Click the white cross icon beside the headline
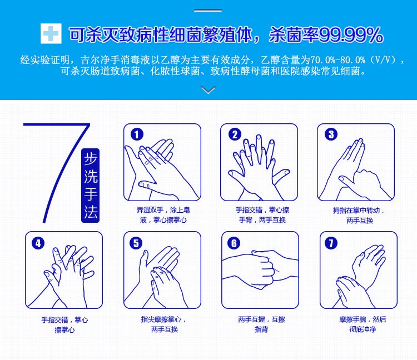(51, 33)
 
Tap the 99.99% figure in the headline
(351, 35)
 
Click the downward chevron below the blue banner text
(209, 90)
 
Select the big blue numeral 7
(57, 172)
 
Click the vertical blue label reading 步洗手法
(91, 186)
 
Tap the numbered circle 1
(137, 134)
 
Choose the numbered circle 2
(235, 134)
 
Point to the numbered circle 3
(331, 134)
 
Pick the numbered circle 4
(38, 243)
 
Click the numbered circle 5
(136, 243)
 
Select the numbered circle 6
(234, 243)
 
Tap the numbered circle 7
(331, 243)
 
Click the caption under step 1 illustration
(163, 215)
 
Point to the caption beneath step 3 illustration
(359, 216)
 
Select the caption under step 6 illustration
(261, 324)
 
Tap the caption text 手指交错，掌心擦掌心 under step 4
(64, 325)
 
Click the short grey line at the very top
(208, 11)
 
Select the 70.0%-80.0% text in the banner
(337, 60)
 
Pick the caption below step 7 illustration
(363, 324)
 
